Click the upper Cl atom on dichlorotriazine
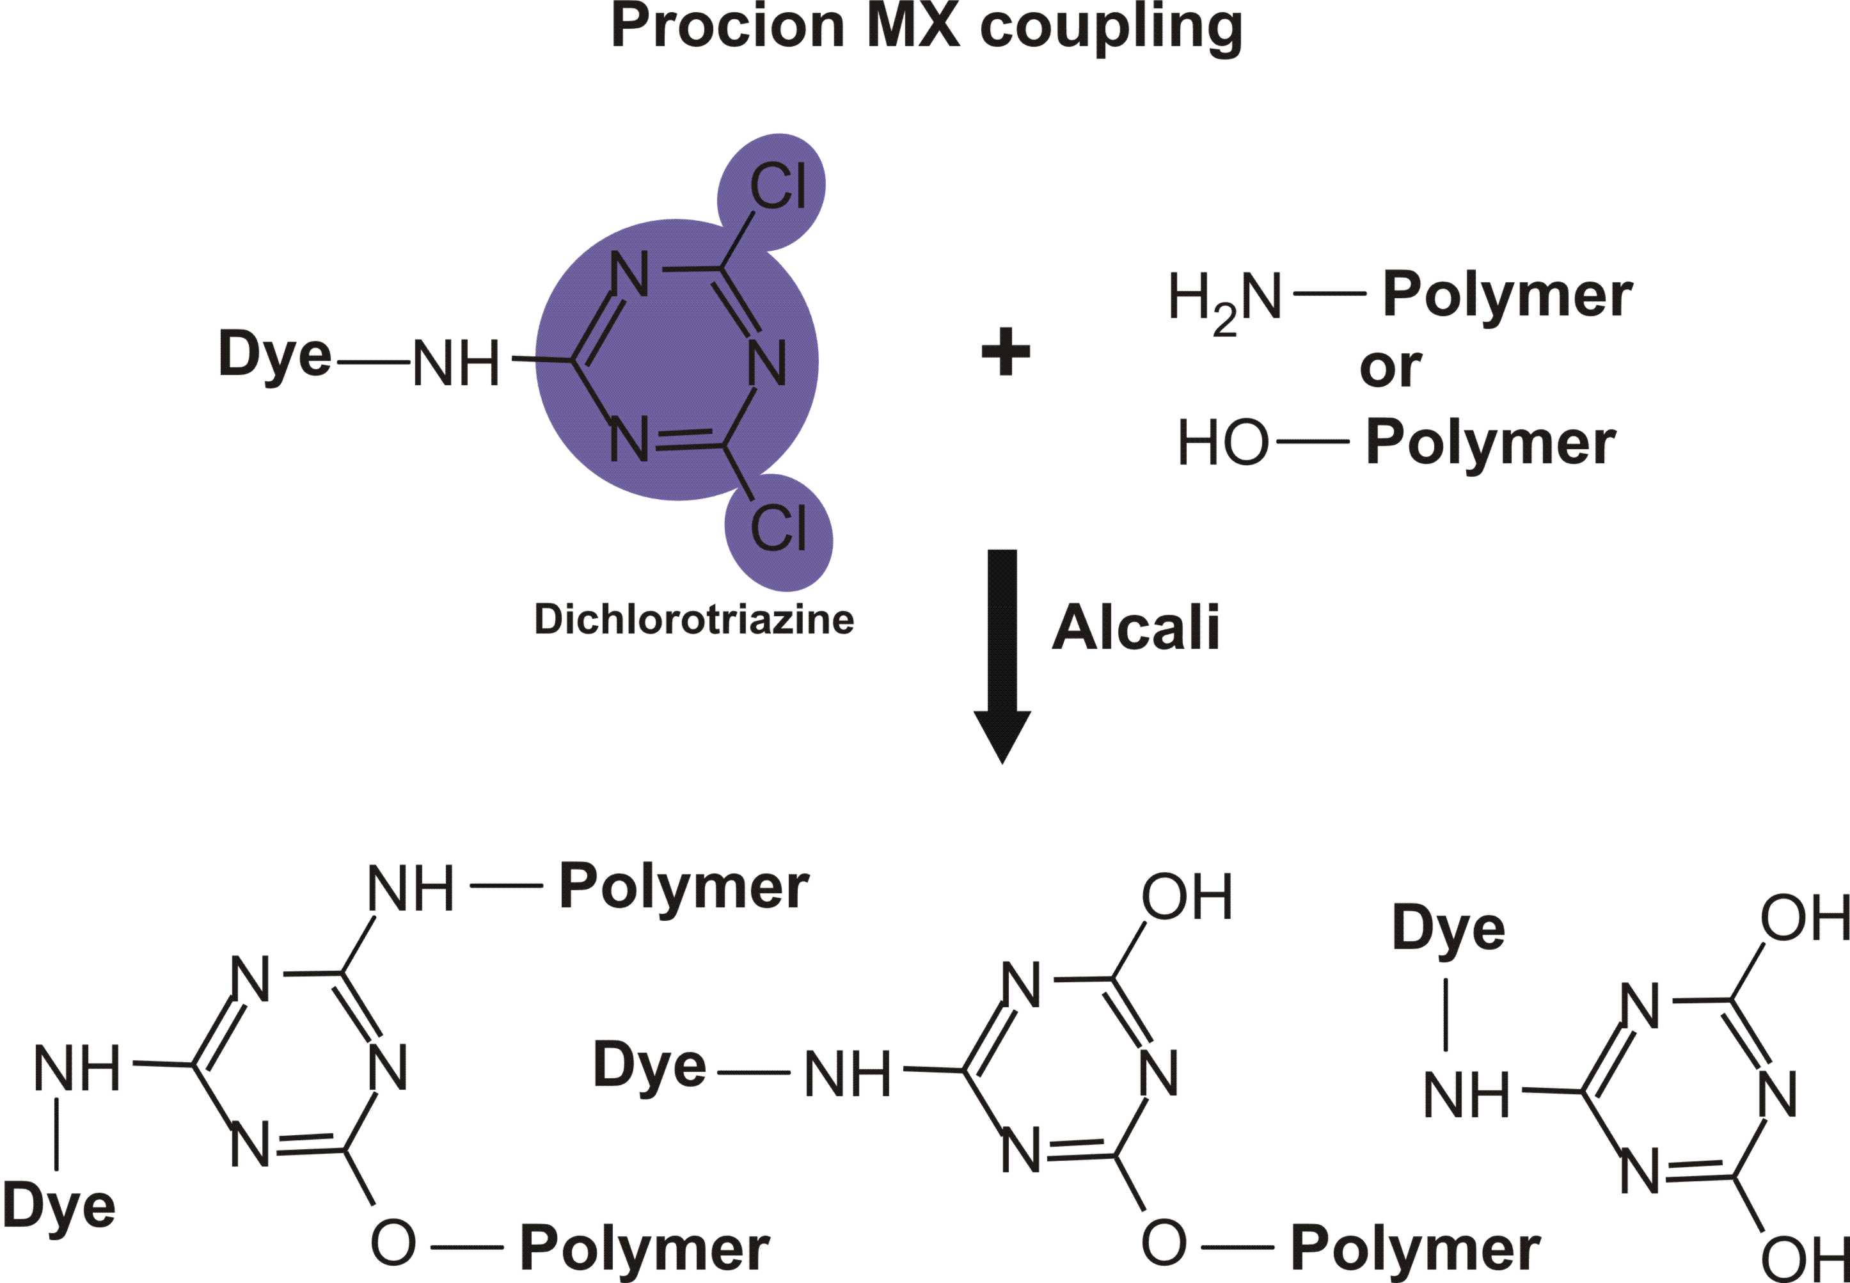coord(777,186)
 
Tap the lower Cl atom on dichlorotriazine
coord(778,528)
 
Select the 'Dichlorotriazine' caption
coord(693,619)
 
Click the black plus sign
coord(1006,351)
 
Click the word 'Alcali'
coord(1135,627)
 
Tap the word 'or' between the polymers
coord(1389,367)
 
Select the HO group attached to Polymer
coord(1222,443)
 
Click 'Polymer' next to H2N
coord(1507,296)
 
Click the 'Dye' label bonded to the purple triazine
coord(274,354)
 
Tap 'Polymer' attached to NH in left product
coord(684,888)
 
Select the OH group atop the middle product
coord(1186,897)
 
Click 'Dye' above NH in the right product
coord(1448,928)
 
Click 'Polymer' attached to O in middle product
coord(1415,1248)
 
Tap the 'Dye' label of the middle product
coord(649,1065)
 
